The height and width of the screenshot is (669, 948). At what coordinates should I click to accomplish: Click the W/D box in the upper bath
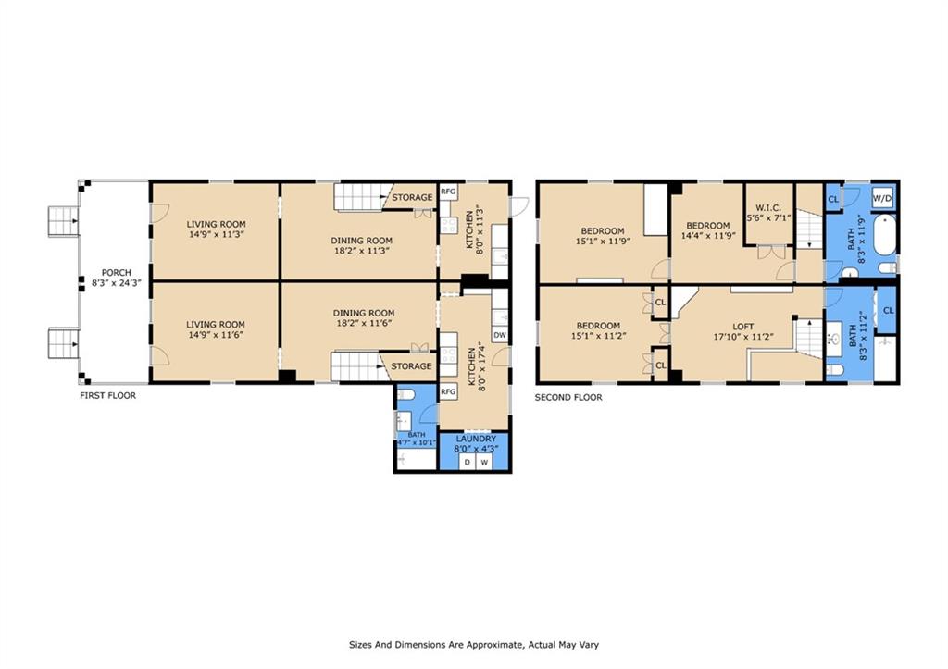click(882, 198)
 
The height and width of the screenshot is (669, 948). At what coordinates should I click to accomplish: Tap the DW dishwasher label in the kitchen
click(499, 335)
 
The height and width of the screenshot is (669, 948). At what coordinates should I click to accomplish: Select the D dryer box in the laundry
click(468, 463)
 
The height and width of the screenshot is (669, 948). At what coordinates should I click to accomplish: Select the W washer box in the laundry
click(483, 463)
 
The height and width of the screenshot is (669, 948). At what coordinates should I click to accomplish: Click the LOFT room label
click(743, 327)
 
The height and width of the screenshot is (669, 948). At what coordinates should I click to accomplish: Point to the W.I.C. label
click(767, 207)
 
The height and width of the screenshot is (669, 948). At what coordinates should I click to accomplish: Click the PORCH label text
click(116, 273)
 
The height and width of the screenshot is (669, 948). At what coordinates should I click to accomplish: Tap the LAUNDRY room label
click(476, 439)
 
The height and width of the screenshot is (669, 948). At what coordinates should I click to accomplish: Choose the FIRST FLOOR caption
click(108, 396)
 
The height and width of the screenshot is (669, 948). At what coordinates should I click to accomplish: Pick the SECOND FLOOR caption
click(568, 397)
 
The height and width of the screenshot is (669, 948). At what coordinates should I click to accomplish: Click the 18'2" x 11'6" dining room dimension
click(364, 323)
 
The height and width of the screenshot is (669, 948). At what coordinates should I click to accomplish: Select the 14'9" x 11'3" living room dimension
click(216, 234)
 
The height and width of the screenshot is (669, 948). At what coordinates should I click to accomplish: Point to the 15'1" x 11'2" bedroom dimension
click(598, 335)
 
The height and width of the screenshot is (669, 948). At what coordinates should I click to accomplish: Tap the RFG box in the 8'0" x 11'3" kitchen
click(448, 192)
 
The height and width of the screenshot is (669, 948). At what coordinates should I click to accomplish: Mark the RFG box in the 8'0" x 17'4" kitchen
click(448, 391)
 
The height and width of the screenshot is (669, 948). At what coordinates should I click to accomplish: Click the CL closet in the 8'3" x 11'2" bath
click(888, 311)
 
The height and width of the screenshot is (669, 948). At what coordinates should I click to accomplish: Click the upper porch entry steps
click(63, 221)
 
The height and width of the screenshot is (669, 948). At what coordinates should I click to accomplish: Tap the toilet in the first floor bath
click(405, 394)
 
